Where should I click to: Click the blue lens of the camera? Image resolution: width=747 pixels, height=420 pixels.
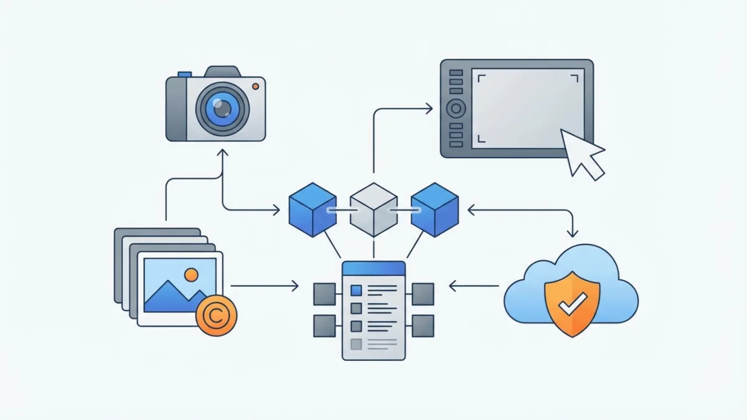(x=222, y=108)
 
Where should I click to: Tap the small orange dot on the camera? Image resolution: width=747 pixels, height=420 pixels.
(x=255, y=85)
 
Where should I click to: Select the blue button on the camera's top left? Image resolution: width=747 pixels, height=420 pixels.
(x=184, y=74)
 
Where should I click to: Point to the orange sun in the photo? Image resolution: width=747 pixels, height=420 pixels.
(x=191, y=274)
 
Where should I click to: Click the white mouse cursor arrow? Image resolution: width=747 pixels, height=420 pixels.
(x=583, y=152)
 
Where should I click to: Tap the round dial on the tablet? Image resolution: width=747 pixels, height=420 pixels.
(x=456, y=109)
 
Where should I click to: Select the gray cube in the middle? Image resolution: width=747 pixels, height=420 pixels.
(x=374, y=209)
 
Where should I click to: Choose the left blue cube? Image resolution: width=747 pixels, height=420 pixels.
(x=312, y=209)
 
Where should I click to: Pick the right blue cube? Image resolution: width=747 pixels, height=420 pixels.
(x=435, y=209)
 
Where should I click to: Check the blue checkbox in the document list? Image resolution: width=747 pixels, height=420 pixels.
(x=356, y=290)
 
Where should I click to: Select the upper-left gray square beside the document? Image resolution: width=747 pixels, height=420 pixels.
(x=324, y=293)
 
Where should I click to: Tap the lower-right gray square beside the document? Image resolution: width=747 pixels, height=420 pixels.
(x=423, y=325)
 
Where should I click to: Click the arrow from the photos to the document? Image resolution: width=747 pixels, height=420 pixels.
(x=265, y=286)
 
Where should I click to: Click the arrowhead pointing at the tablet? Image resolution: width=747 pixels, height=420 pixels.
(x=428, y=109)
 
